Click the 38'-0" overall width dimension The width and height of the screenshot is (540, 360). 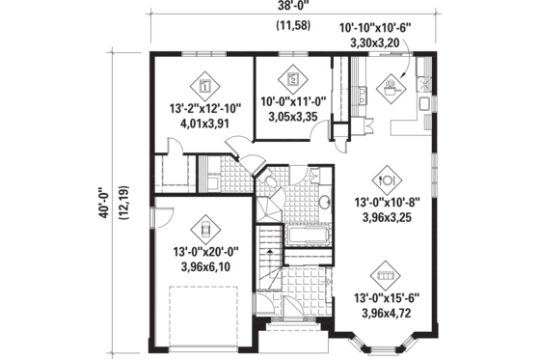pos(285,9)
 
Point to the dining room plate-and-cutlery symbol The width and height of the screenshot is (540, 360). pos(388,179)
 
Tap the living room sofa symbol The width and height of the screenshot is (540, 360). pos(388,271)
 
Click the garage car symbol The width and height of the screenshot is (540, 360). pos(204,229)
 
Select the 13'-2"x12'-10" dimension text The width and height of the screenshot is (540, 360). pos(204,108)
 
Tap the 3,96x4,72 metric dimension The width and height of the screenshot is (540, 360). pos(388,314)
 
